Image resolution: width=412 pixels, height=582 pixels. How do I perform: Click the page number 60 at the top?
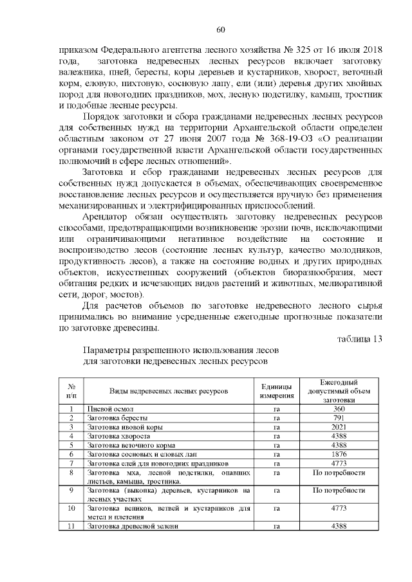click(220, 29)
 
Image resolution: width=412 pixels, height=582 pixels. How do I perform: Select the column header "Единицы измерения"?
click(277, 390)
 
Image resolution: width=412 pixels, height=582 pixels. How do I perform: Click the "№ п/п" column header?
click(71, 390)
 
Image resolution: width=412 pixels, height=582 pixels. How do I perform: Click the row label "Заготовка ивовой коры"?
click(124, 427)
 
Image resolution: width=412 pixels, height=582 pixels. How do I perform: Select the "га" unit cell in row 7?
click(277, 463)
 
